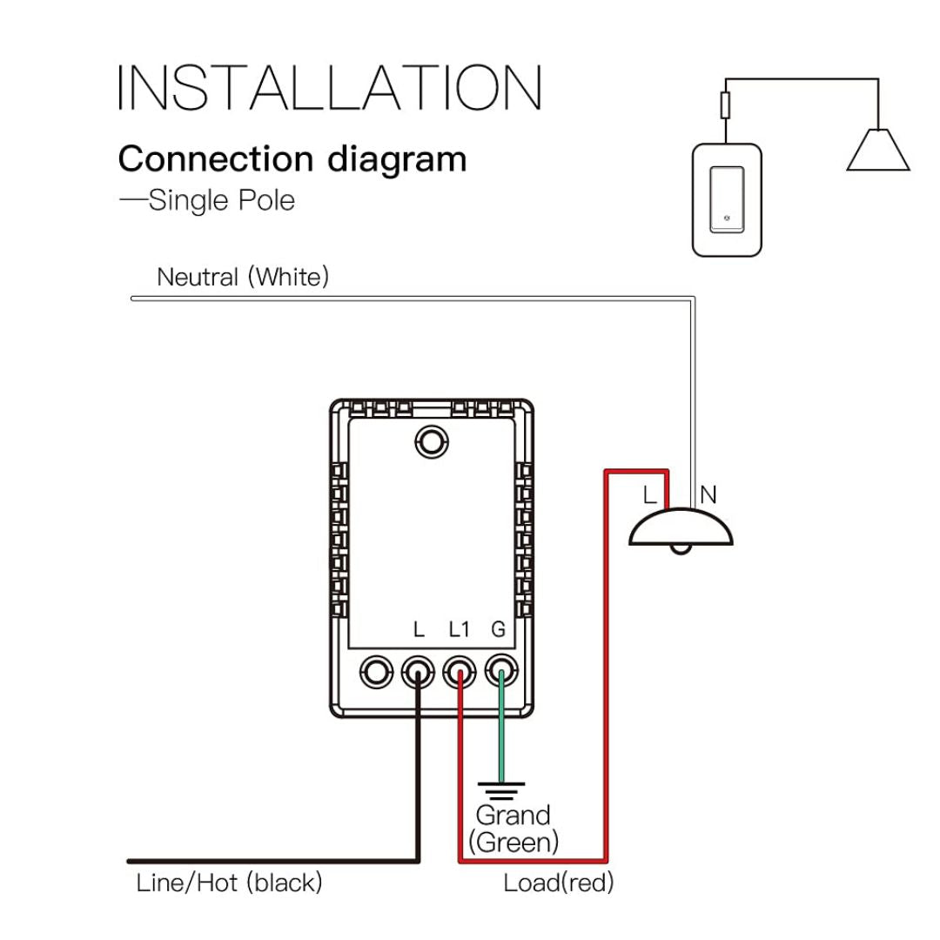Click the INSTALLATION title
point(330,87)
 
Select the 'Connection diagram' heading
point(292,159)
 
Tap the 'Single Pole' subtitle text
point(221,200)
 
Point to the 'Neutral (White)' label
point(243,278)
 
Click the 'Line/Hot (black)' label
point(230,883)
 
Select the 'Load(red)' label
point(558,883)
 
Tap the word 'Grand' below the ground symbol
point(513,816)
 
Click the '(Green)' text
point(514,842)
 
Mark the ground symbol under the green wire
point(501,790)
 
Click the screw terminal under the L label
point(419,671)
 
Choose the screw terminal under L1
point(460,671)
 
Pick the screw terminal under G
point(500,671)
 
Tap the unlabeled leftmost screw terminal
point(377,671)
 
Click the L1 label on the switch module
point(459,629)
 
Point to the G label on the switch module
point(499,629)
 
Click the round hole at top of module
point(430,441)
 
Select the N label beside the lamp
point(708,495)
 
